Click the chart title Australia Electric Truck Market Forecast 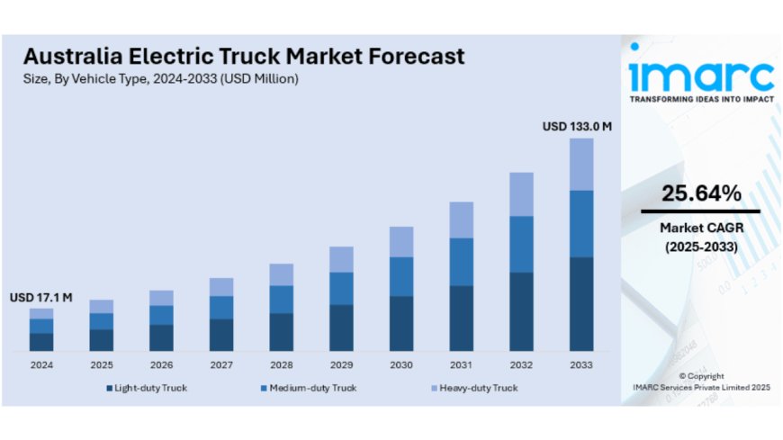point(244,56)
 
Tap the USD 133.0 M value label point(577,127)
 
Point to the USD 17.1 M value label point(41,297)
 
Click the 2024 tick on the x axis point(41,365)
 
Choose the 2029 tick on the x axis point(341,365)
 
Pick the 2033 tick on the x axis point(581,365)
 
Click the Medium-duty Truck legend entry point(307,388)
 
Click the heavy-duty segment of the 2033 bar point(581,164)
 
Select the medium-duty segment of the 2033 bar point(581,223)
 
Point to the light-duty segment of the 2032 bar point(521,311)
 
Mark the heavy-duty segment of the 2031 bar point(461,220)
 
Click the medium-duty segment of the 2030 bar point(401,276)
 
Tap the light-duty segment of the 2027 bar point(221,335)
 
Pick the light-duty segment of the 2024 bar point(41,342)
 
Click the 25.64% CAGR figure point(701,193)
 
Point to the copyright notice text point(701,382)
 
